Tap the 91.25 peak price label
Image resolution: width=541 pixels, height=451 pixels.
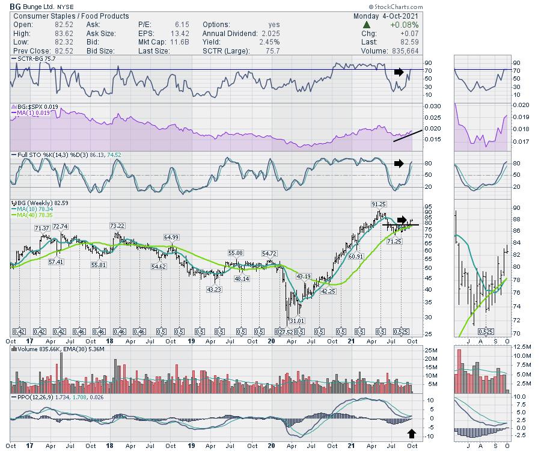[379, 204]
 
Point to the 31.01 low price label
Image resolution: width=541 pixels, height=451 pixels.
[296, 321]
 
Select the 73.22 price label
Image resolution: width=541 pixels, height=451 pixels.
[117, 226]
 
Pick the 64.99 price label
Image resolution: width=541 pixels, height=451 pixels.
[171, 237]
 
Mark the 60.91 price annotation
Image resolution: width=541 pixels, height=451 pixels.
[356, 256]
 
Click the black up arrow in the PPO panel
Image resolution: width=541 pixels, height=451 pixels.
[411, 433]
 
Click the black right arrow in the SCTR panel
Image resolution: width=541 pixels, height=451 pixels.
[399, 72]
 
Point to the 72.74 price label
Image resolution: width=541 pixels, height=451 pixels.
[61, 226]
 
